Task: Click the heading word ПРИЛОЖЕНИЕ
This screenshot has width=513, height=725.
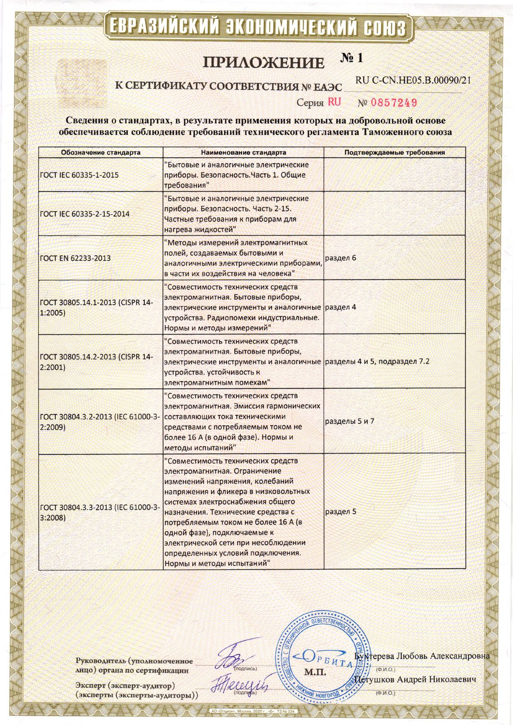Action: [263, 63]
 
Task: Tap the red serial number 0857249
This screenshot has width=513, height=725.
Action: [394, 103]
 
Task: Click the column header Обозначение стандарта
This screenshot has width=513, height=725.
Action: [101, 152]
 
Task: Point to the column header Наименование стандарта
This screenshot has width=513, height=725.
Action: [243, 152]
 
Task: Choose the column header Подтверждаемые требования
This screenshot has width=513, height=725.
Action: [394, 152]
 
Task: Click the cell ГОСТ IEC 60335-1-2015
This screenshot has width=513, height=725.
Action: [80, 175]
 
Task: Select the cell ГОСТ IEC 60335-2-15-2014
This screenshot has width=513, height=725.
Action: [85, 214]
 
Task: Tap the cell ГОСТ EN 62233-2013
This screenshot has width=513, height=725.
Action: [75, 258]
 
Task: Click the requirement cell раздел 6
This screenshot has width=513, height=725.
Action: [340, 258]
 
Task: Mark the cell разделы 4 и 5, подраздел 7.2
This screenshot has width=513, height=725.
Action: [377, 361]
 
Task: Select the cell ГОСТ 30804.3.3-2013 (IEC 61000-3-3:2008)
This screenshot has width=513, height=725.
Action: [99, 512]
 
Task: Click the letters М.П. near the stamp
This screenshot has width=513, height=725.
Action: [315, 673]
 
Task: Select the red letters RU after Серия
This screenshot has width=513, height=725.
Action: [334, 102]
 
